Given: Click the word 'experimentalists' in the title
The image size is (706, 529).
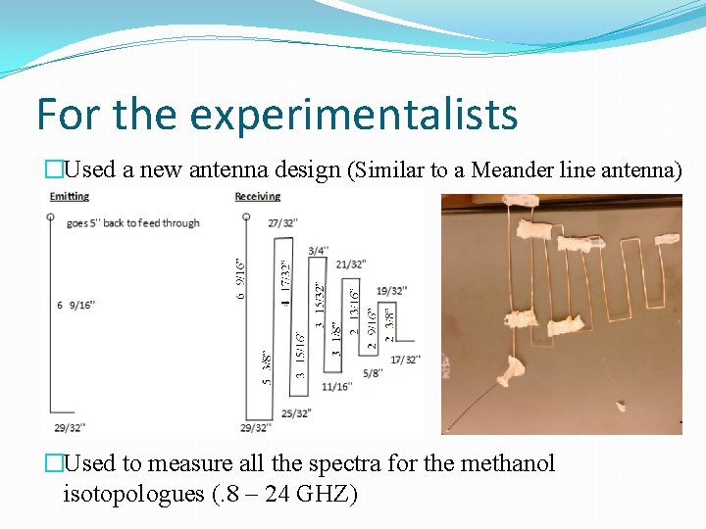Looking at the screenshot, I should tap(353, 116).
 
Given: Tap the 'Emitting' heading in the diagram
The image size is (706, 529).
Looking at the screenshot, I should tap(70, 197).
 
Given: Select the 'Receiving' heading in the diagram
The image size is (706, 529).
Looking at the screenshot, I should tap(258, 197).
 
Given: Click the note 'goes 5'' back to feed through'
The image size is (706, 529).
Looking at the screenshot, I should tap(133, 222).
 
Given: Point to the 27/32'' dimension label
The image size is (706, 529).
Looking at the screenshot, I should tap(282, 223).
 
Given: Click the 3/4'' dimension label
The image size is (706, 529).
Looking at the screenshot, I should tap(319, 251).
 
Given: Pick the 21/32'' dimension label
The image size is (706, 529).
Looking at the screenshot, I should tap(351, 264).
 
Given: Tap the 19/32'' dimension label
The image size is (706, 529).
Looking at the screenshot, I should tap(391, 291).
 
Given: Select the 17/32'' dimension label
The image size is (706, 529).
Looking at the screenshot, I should tap(404, 360).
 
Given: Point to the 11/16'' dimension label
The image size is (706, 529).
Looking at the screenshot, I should tap(336, 386).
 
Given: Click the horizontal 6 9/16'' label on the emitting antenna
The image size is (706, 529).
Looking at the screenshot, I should tap(76, 306).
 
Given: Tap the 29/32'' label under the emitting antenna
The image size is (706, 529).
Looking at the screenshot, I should tap(70, 427).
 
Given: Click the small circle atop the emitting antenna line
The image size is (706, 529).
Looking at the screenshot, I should tap(51, 216).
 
